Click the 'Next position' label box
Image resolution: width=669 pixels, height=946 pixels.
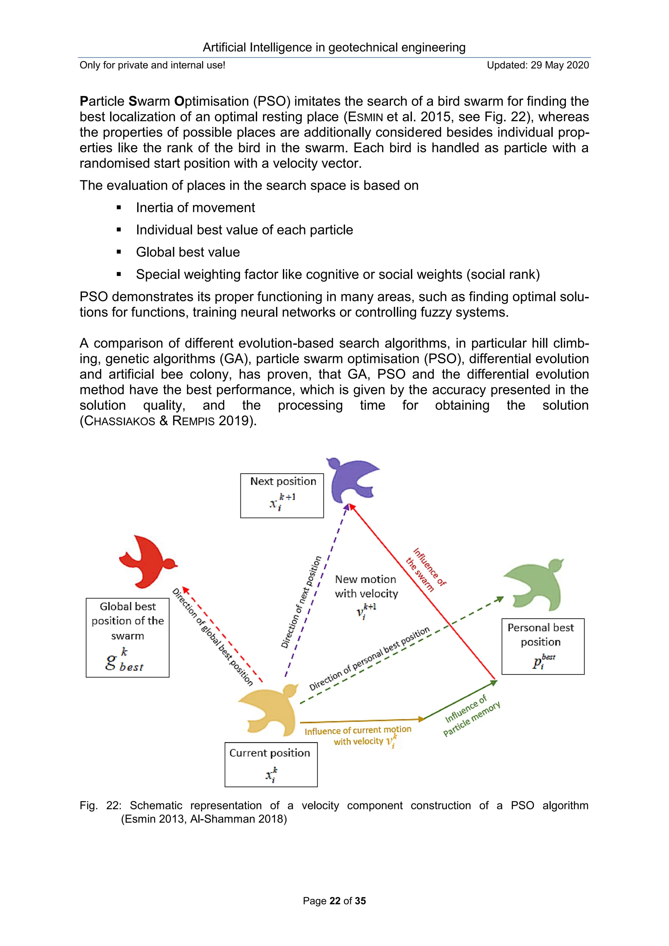[x=282, y=495]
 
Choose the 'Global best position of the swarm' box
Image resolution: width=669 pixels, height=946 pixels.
[x=127, y=637]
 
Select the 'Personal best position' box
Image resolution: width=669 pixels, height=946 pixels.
[x=543, y=646]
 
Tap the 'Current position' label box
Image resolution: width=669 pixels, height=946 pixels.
[x=271, y=764]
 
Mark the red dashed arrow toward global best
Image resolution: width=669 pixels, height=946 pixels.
[x=222, y=634]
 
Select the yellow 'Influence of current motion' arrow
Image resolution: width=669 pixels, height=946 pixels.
[x=363, y=720]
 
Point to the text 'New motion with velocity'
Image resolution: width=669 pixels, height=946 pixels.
[x=366, y=586]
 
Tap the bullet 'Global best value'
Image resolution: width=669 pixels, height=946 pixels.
[x=188, y=252]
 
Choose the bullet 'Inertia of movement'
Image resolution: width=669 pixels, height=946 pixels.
[x=195, y=208]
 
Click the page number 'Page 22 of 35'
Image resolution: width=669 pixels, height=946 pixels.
[x=334, y=901]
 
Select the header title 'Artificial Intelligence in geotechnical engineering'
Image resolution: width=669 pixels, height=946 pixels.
[x=334, y=47]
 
